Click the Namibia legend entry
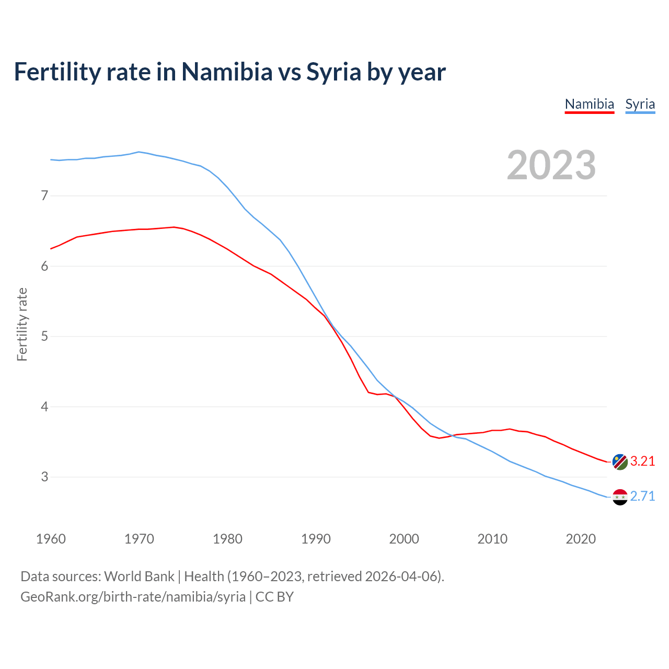(589, 104)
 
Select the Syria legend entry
(640, 104)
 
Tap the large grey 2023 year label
(551, 165)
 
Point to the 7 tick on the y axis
(44, 196)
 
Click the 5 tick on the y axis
(44, 336)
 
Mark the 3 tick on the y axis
(44, 477)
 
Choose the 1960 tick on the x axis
(51, 539)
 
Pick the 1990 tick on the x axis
(316, 539)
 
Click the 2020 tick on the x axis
(581, 539)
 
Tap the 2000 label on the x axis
(404, 539)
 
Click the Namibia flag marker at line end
(620, 462)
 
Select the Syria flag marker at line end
(620, 497)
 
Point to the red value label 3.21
(642, 461)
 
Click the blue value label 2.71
(642, 496)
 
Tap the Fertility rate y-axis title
(22, 324)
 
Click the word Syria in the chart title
(333, 72)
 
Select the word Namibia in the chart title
(227, 72)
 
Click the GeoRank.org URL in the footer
(133, 596)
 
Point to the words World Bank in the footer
(139, 576)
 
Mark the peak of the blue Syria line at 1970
(139, 152)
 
